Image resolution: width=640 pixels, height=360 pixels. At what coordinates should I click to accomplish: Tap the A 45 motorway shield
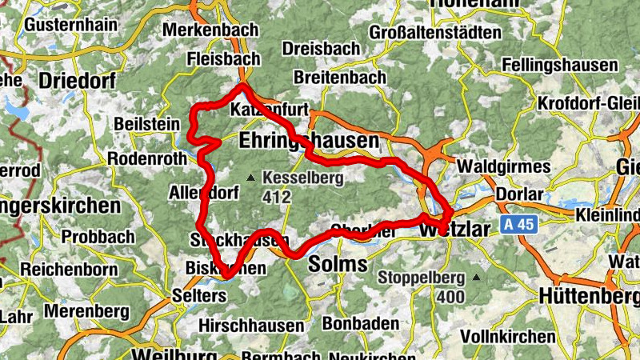[x=520, y=225]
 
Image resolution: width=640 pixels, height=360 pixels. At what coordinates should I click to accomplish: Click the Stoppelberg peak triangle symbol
[x=477, y=278]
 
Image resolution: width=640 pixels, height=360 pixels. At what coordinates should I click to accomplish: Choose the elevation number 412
[x=277, y=194]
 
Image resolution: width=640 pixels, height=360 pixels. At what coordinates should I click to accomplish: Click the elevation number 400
[x=451, y=298]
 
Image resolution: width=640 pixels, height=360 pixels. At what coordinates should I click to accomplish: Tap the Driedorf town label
[x=77, y=81]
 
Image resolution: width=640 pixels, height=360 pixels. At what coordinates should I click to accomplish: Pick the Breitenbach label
[x=340, y=78]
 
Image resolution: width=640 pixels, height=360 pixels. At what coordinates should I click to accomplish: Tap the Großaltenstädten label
[x=435, y=33]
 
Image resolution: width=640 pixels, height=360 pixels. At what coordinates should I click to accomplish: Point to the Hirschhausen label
[x=251, y=326]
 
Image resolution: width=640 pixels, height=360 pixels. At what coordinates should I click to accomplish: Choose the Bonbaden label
[x=362, y=324]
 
